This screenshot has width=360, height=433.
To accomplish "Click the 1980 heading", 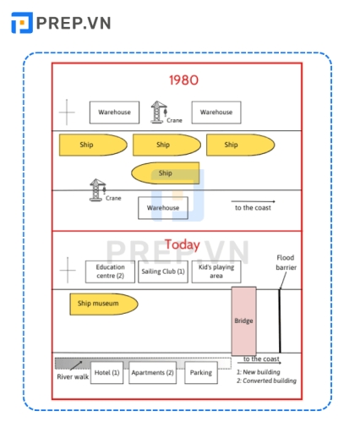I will tap(183, 81).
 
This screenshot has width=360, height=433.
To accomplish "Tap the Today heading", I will tap(183, 245).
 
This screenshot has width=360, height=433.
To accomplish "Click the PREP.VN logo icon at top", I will tap(22, 23).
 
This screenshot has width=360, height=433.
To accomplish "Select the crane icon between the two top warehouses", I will tap(158, 112).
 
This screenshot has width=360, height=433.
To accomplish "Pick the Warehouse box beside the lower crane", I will tap(163, 208).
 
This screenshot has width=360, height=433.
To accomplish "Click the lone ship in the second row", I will tap(166, 173).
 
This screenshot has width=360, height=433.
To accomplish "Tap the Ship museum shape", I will tap(103, 304).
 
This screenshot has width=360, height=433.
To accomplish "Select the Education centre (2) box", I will tap(110, 271).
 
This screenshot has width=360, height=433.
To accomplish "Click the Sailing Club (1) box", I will tap(163, 271).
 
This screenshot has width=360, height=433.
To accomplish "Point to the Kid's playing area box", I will tap(216, 271).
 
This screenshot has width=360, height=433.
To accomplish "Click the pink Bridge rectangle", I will tap(243, 321).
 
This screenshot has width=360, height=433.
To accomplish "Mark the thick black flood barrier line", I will tap(280, 321).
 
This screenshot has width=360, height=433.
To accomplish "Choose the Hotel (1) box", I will tap(106, 373).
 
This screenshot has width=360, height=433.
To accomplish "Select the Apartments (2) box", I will tap(152, 373).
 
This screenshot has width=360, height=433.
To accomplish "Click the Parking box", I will tap(201, 373).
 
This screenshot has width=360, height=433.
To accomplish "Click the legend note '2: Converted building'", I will tap(266, 381).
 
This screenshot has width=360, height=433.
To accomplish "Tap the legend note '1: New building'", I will tap(259, 372).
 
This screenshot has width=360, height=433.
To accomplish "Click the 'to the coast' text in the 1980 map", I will tap(253, 208).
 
